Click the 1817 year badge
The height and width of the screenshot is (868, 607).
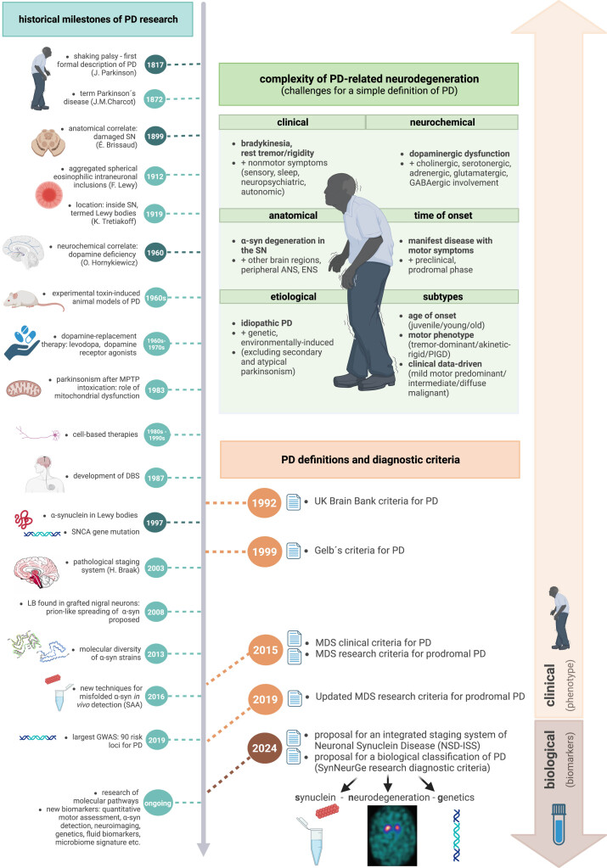click(155, 64)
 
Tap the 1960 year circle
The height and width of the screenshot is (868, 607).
click(155, 253)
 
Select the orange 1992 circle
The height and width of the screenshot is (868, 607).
click(264, 502)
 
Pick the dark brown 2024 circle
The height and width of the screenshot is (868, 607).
click(264, 748)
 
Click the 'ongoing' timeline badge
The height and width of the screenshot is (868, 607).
click(157, 804)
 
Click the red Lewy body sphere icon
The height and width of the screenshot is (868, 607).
click(49, 194)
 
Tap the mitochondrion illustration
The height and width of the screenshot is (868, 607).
click(24, 389)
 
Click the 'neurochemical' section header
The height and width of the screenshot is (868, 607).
click(442, 122)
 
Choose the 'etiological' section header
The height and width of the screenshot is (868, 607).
click(293, 297)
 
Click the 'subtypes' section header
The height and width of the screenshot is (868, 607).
click(442, 297)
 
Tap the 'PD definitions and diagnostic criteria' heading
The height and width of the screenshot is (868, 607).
click(370, 460)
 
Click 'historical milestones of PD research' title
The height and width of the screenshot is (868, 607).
click(98, 20)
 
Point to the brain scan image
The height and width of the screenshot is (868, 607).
click(392, 836)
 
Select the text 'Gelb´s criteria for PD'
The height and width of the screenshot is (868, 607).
click(359, 551)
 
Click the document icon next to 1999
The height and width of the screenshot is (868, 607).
click(294, 551)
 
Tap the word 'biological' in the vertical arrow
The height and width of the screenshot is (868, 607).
click(549, 759)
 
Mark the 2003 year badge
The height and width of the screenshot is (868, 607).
click(155, 568)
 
